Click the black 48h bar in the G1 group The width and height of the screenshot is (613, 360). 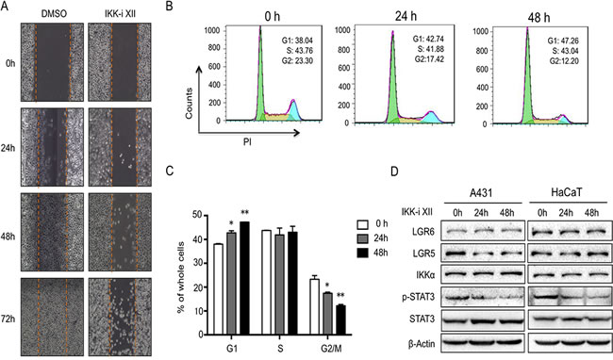click(244, 278)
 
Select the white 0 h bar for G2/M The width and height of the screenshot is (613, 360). click(314, 307)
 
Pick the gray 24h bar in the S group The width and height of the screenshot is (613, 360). click(279, 285)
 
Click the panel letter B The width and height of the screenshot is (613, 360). click(169, 7)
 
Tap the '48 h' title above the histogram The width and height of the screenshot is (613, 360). click(538, 17)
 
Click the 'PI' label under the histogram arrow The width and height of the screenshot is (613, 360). click(247, 142)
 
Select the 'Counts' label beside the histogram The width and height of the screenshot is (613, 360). click(190, 103)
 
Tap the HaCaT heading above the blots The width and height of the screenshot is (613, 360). click(566, 191)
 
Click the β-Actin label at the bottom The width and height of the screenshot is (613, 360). click(421, 344)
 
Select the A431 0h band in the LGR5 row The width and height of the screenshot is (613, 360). click(457, 254)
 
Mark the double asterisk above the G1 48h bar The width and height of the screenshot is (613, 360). click(245, 213)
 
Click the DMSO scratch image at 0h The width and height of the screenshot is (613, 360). click(52, 61)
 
